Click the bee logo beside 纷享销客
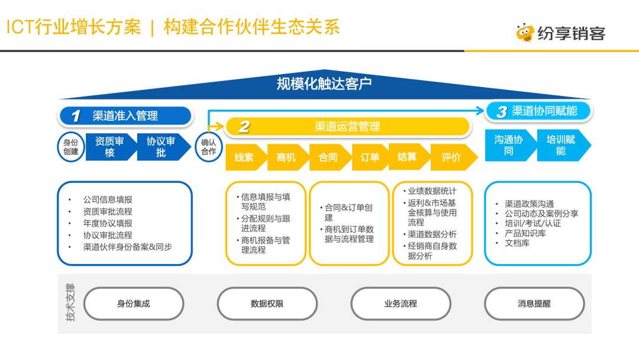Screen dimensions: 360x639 click(x=525, y=33)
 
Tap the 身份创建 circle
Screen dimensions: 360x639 click(x=71, y=146)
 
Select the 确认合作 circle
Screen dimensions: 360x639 click(x=208, y=146)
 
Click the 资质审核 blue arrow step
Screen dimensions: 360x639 click(x=109, y=147)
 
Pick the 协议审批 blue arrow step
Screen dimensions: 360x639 click(x=161, y=147)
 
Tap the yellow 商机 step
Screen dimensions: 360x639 click(x=286, y=157)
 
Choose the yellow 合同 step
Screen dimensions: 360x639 click(x=328, y=157)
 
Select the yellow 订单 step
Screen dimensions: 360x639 click(x=370, y=157)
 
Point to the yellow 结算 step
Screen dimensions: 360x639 click(x=407, y=156)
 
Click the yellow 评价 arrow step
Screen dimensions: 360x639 click(x=452, y=157)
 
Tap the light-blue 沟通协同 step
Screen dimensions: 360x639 click(x=508, y=145)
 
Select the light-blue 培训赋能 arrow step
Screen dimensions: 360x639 click(x=561, y=145)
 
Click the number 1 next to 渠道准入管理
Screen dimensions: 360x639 click(x=76, y=116)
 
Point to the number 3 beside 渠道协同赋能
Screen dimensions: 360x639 click(x=501, y=111)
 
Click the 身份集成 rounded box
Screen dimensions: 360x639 click(x=134, y=304)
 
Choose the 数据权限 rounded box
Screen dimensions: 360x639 click(x=267, y=304)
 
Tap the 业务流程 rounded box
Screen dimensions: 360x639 click(x=401, y=304)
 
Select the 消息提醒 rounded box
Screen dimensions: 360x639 click(x=534, y=304)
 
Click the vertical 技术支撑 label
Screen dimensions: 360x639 click(x=71, y=303)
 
